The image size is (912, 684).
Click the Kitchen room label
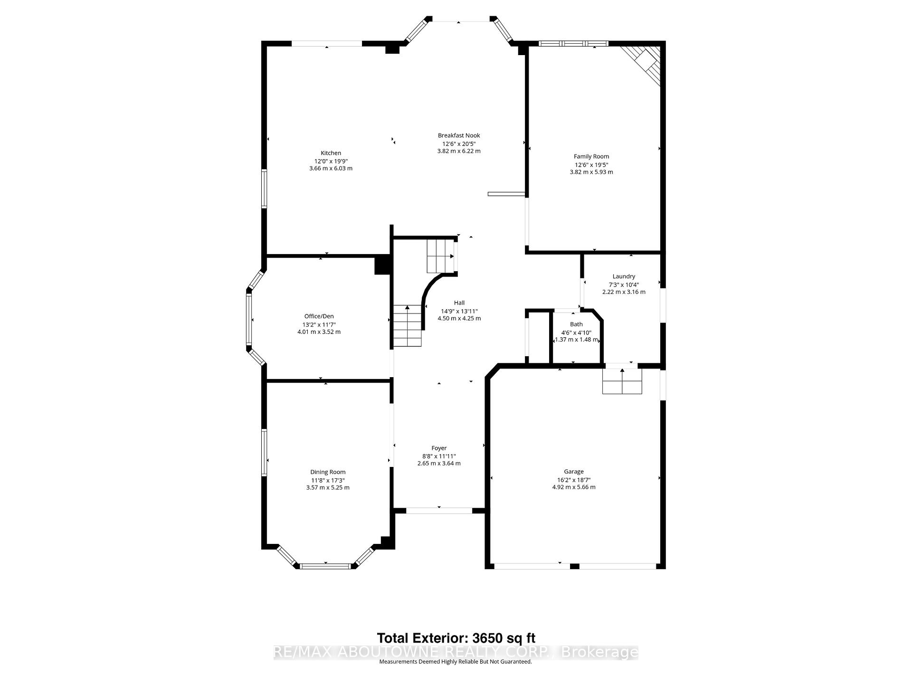pos(331,153)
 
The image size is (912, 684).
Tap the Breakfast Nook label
pos(459,135)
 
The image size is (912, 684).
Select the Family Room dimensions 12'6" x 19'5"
pos(591,165)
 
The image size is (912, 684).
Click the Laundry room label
pos(624,276)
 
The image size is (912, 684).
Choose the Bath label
pos(576,324)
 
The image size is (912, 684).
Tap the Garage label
pos(574,472)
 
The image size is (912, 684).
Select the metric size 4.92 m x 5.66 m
pos(574,487)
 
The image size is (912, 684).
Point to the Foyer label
pos(439,448)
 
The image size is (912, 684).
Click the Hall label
pos(459,303)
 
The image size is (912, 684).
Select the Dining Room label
pos(328,472)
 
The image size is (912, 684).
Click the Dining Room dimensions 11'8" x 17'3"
pos(328,480)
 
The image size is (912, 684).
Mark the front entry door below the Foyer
pos(439,511)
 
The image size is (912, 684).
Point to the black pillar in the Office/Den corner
pos(382,265)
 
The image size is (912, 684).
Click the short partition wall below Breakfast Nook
pos(506,194)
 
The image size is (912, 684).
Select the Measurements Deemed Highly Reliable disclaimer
pos(455,662)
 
